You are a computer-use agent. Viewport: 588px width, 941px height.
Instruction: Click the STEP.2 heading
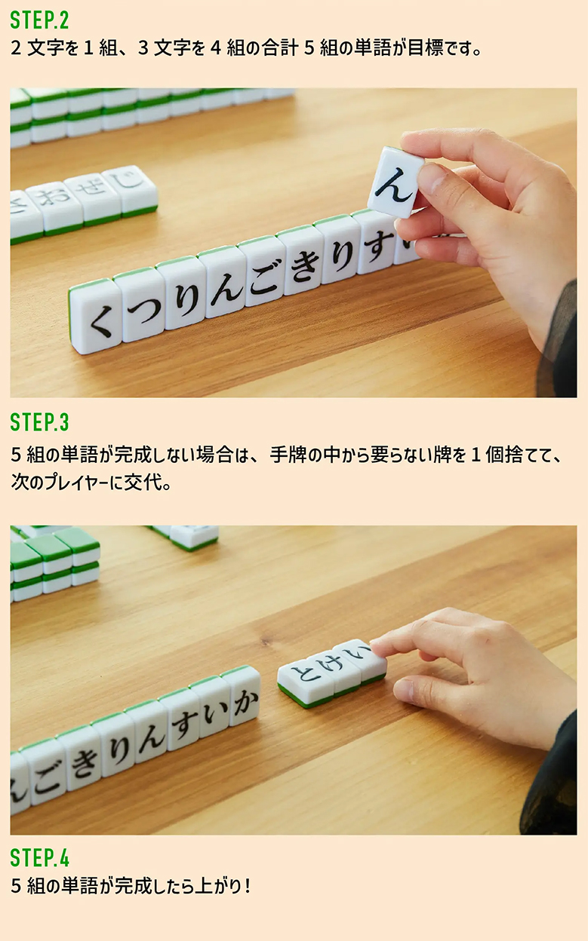pyautogui.click(x=39, y=20)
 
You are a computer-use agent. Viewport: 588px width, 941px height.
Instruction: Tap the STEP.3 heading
pyautogui.click(x=39, y=422)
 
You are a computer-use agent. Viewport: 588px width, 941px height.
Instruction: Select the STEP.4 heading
pyautogui.click(x=39, y=857)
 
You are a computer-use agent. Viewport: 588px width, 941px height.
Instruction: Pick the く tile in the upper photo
pyautogui.click(x=97, y=317)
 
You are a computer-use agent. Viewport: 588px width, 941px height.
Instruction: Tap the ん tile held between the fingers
pyautogui.click(x=396, y=182)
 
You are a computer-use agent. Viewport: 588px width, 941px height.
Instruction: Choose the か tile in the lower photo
pyautogui.click(x=244, y=699)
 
